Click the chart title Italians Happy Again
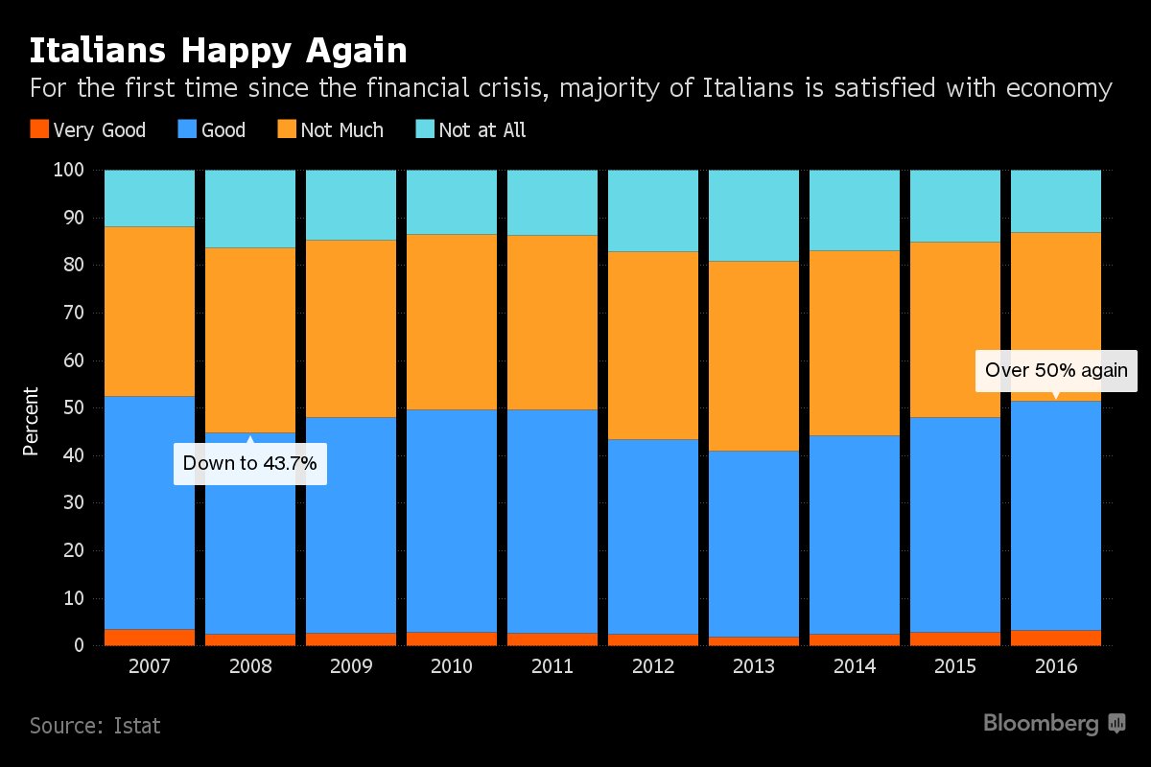(x=218, y=51)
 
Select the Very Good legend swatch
(x=38, y=129)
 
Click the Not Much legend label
(x=341, y=129)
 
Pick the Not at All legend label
(x=482, y=129)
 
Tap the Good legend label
(x=223, y=129)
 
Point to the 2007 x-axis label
(x=150, y=666)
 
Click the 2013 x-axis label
(x=754, y=666)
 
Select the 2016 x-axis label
(x=1056, y=666)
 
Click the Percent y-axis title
(x=32, y=421)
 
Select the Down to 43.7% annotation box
(x=249, y=464)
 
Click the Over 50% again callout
(x=1056, y=370)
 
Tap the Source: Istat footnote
(x=95, y=725)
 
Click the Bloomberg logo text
(x=1040, y=724)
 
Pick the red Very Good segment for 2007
(x=150, y=637)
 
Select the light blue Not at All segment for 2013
(x=754, y=216)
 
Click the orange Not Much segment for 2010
(x=452, y=322)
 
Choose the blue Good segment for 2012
(x=653, y=537)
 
